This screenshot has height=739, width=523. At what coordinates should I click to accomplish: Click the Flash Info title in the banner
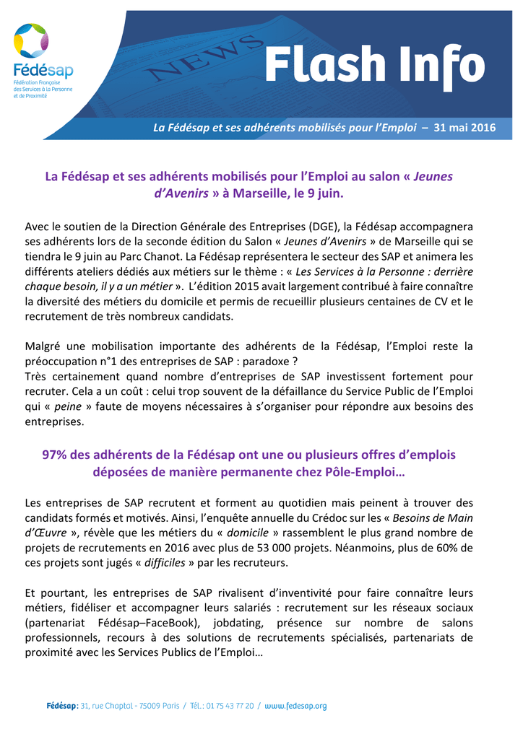[373, 66]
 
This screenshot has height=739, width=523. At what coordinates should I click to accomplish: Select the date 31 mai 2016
[464, 128]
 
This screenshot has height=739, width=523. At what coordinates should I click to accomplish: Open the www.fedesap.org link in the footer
[296, 706]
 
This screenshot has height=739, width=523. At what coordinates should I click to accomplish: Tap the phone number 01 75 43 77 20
[227, 706]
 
